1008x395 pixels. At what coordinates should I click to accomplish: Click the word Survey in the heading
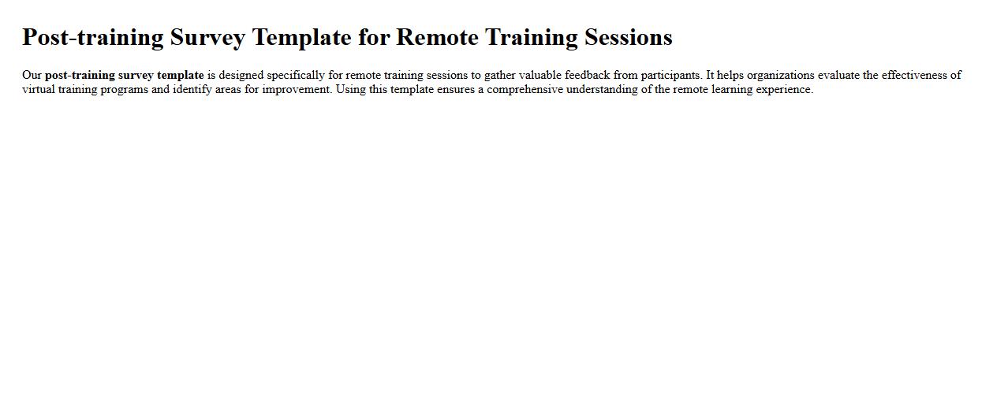point(207,37)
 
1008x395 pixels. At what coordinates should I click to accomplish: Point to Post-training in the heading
point(93,37)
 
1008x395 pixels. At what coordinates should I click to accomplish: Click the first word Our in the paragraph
point(32,76)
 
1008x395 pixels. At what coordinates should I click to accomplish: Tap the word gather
point(499,76)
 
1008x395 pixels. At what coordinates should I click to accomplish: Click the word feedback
point(588,76)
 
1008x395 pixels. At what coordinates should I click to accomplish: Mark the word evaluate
point(838,76)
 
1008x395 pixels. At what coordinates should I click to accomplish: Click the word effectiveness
point(915,76)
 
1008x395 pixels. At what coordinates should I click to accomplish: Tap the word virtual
point(39,90)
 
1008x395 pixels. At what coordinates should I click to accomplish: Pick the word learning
point(724,90)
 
